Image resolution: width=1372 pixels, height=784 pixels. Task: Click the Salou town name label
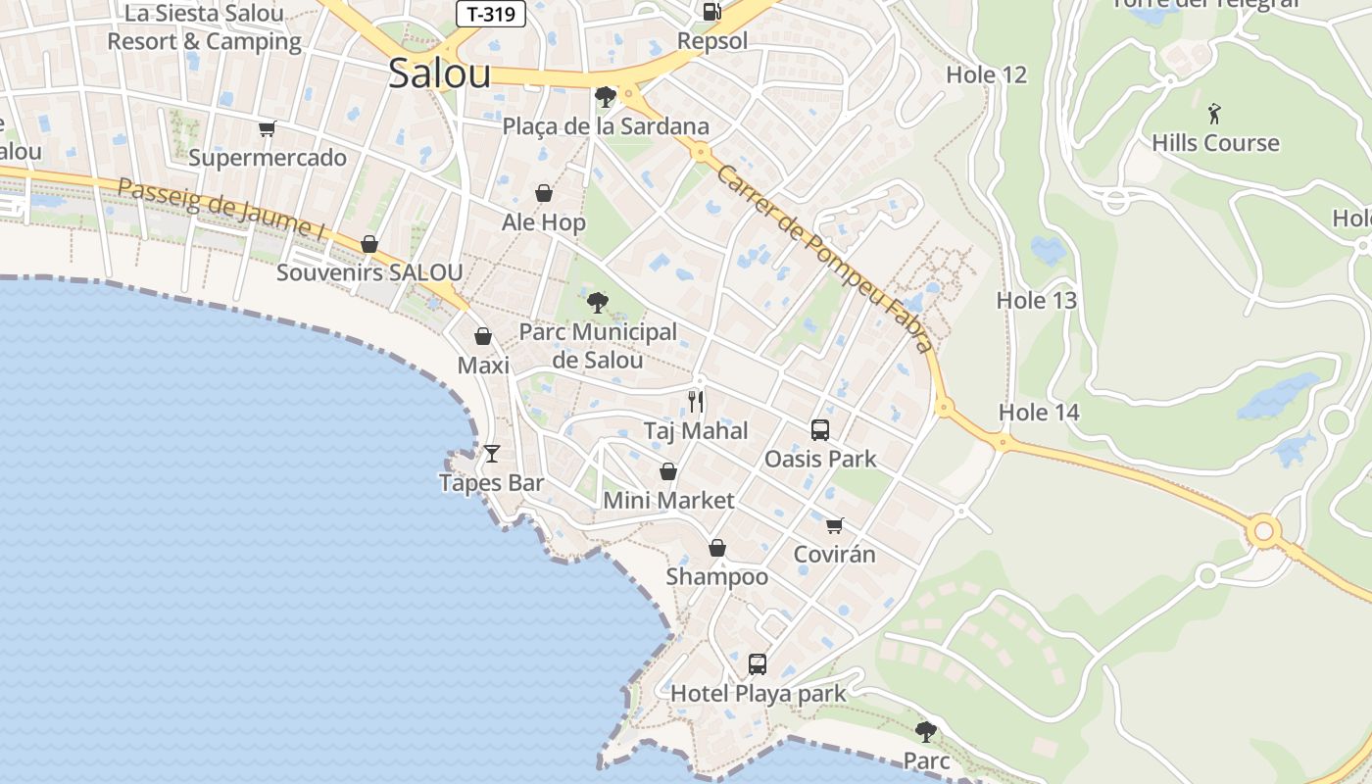coord(439,73)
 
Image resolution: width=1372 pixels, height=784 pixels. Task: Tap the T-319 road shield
coord(491,14)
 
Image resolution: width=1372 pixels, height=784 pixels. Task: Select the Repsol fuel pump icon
coord(712,12)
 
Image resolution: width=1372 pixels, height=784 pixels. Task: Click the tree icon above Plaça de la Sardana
coord(605,96)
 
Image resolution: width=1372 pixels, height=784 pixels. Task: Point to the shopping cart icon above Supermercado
coord(267,128)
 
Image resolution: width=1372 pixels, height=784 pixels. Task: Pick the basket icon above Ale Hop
coord(543,193)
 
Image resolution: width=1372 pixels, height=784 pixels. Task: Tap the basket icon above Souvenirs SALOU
coord(369,244)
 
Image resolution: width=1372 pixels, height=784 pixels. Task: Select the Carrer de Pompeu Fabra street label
coord(824,257)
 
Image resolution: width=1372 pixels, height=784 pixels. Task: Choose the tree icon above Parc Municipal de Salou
coord(597,302)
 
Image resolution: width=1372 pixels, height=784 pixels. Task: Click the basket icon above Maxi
coord(483,337)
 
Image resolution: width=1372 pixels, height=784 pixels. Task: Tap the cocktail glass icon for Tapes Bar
coord(491,453)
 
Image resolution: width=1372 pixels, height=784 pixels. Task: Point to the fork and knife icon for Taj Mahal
coord(696,401)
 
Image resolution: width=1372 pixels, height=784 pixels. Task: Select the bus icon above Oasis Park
coord(820,429)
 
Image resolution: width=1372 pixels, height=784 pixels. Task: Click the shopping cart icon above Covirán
coord(834,525)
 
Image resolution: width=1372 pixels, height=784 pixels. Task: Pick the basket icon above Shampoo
coord(717,548)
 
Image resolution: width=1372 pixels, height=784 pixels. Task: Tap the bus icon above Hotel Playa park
coord(758,664)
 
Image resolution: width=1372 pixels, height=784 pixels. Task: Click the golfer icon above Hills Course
coord(1215,113)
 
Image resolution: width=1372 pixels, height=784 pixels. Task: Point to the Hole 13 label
coord(1037,301)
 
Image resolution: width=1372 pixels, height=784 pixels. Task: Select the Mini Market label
coord(668,501)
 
